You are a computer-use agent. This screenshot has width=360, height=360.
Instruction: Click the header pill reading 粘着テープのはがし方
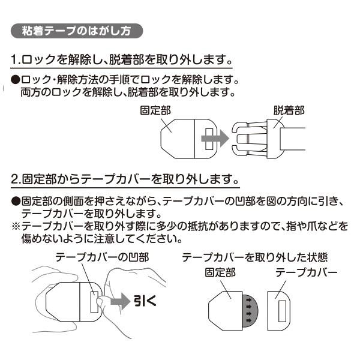(x=77, y=29)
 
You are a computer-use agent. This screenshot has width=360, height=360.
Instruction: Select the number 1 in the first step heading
(x=15, y=61)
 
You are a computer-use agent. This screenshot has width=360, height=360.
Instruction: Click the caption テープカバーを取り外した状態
(x=250, y=256)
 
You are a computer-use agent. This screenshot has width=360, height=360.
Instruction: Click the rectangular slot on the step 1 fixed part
(x=209, y=138)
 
